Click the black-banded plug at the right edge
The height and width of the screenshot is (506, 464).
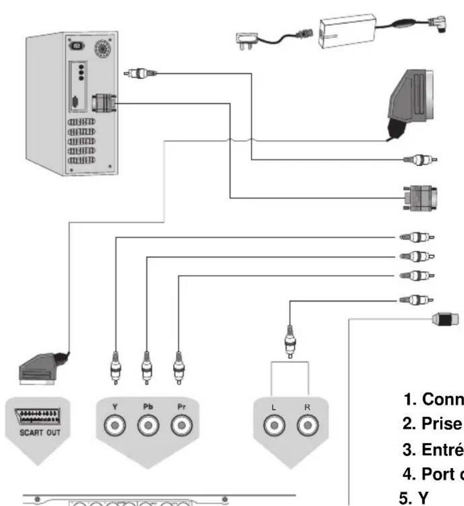(445, 319)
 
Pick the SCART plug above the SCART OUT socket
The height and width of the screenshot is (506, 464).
(40, 367)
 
